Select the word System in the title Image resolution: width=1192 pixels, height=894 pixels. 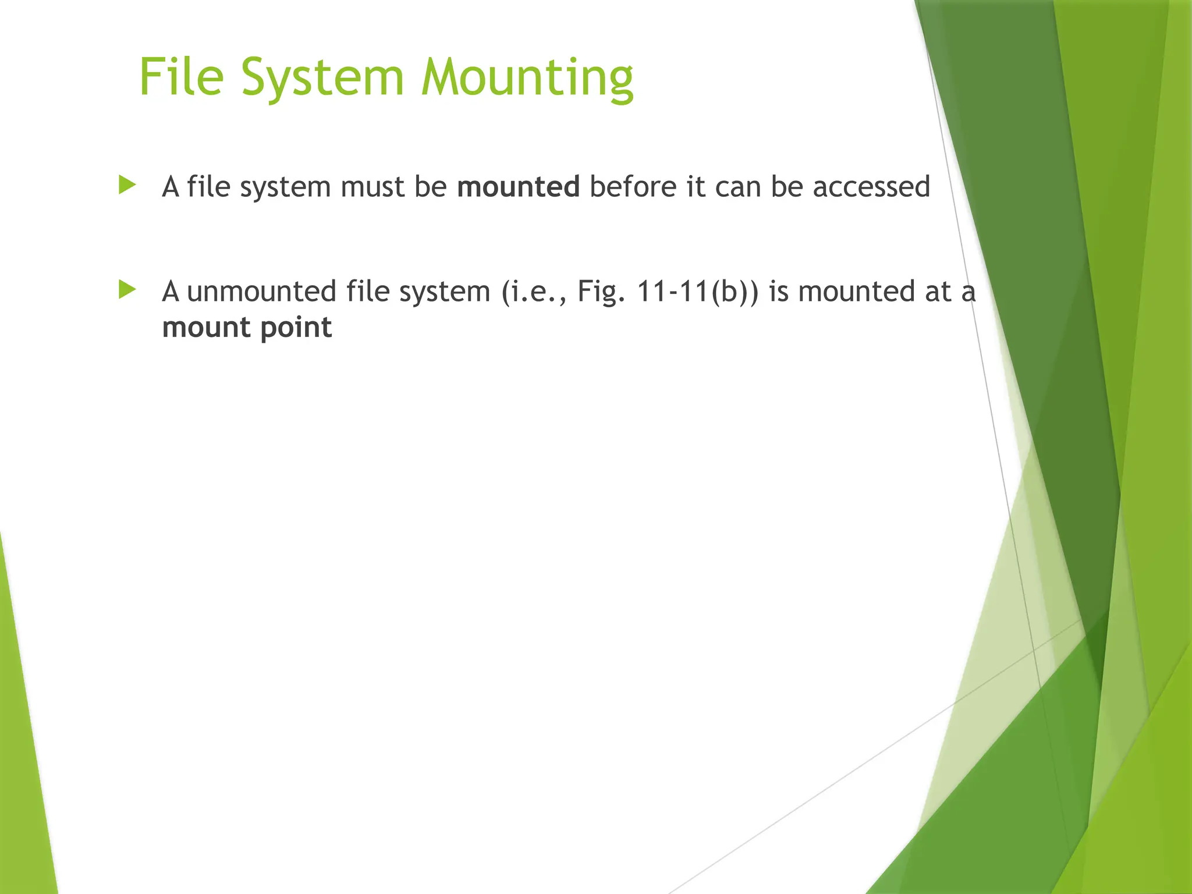click(322, 79)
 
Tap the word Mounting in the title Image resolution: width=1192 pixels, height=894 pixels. click(527, 79)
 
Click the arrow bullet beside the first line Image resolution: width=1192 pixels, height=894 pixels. click(127, 186)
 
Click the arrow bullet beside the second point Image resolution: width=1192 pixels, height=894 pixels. click(127, 290)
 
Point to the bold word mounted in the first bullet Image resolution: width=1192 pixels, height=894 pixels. click(518, 187)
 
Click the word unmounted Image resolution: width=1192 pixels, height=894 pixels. click(261, 291)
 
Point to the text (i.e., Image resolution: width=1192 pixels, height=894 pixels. click(534, 292)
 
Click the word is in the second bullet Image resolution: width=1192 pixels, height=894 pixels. click(778, 291)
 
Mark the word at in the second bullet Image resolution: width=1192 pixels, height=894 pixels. click(937, 292)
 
